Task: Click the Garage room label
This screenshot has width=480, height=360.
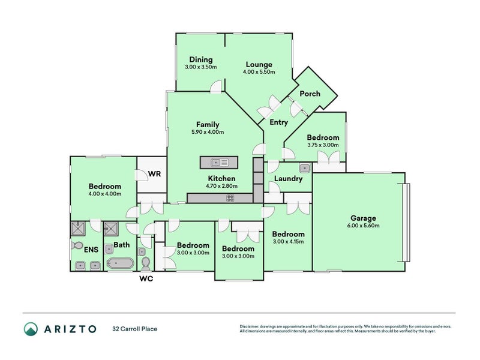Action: tap(363, 218)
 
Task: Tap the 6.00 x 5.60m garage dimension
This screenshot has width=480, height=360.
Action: tap(363, 226)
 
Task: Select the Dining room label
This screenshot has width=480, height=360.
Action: tap(201, 59)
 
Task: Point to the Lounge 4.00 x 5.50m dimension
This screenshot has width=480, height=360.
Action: tap(259, 72)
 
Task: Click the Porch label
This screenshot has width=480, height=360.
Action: tap(310, 94)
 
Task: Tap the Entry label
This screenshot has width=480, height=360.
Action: tap(278, 122)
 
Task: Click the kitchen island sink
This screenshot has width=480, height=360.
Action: tap(220, 163)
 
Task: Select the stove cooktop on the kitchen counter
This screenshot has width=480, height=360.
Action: tap(230, 198)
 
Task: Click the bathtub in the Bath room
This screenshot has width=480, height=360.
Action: tap(120, 263)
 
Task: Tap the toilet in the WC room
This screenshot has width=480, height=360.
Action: tap(146, 263)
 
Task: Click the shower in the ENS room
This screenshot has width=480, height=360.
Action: tap(78, 229)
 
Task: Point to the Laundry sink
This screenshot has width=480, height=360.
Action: tap(305, 168)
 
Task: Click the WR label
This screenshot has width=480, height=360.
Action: tap(154, 174)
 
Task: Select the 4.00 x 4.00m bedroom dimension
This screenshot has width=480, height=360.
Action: tap(104, 194)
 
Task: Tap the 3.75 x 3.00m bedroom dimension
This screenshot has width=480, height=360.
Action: tap(323, 145)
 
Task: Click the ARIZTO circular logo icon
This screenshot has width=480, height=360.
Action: tap(31, 329)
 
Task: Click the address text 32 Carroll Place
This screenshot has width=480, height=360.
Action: tap(134, 329)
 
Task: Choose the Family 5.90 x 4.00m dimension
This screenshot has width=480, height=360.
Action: tap(208, 132)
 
